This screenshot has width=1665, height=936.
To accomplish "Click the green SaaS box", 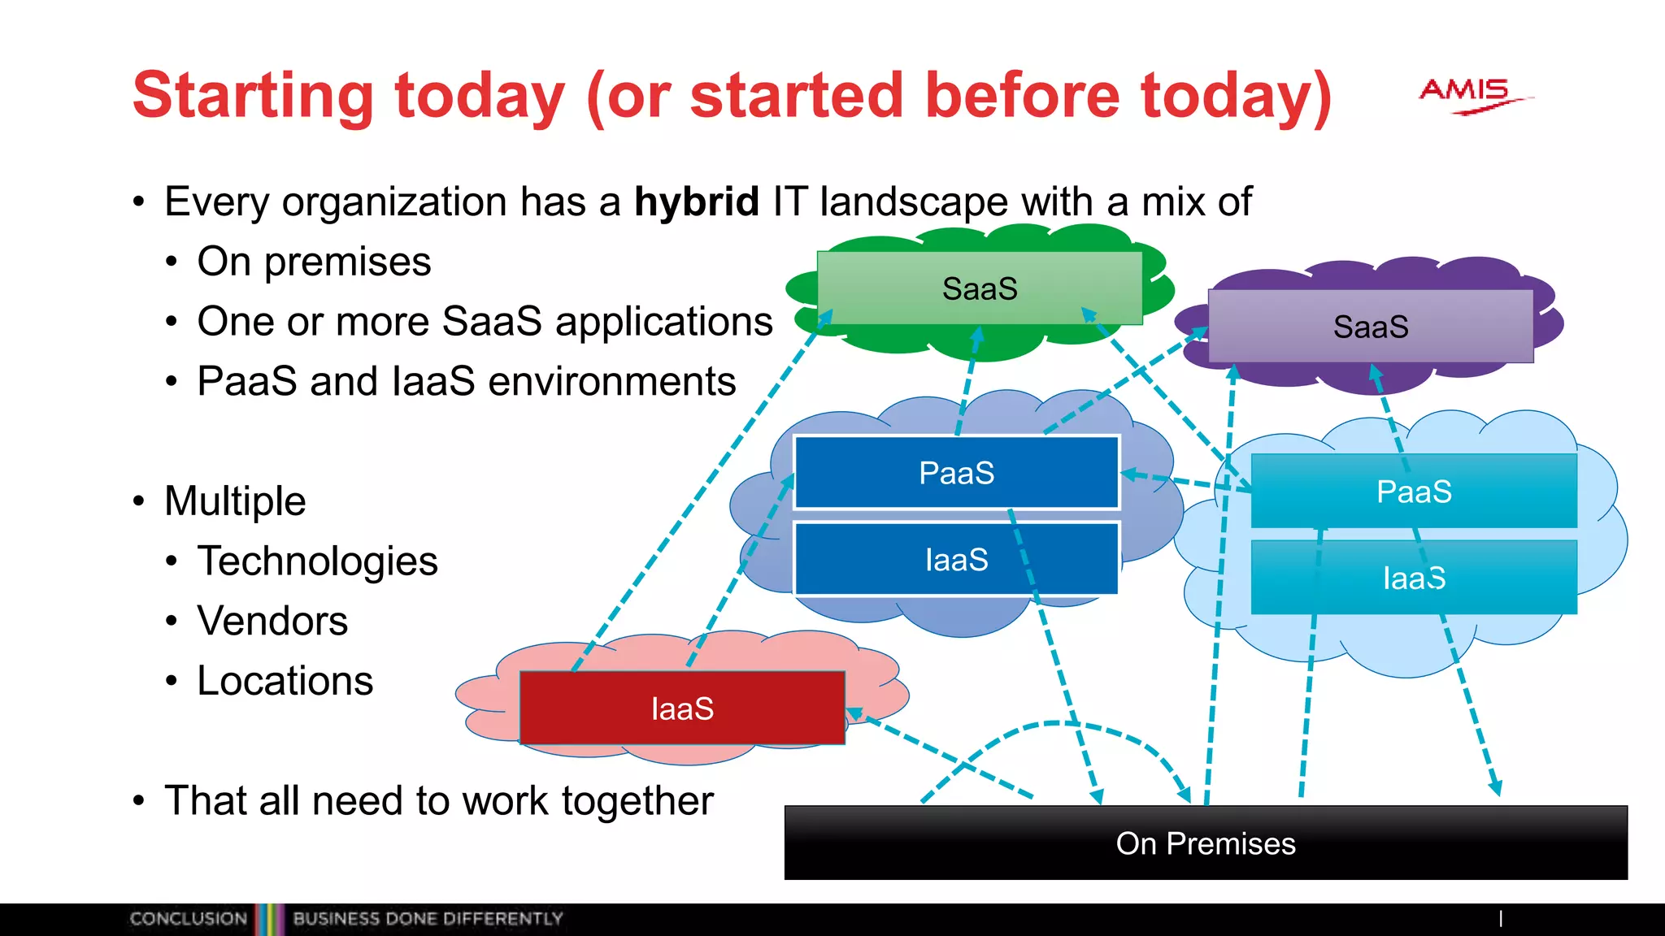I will click(x=979, y=288).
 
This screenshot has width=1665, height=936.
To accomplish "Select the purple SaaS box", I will click(x=1370, y=327).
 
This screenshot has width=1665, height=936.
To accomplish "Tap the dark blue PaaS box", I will click(x=956, y=473).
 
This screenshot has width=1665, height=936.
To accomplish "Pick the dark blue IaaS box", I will click(x=956, y=560).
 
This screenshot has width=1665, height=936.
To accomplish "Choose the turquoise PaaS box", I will click(x=1413, y=492).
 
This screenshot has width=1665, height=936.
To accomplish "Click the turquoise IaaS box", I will click(x=1413, y=578).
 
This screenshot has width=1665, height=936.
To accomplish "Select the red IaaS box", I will click(x=681, y=708).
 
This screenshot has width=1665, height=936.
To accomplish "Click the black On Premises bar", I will click(x=1205, y=843).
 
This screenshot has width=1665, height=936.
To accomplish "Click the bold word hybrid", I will click(x=696, y=201).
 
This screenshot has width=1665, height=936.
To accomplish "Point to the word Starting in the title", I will click(x=253, y=96).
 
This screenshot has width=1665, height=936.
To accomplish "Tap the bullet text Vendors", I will click(x=272, y=621).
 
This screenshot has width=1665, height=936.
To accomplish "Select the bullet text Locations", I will click(x=285, y=681).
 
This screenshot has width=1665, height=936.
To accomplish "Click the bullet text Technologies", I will click(x=317, y=561).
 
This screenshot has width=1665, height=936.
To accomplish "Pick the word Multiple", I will click(x=235, y=500).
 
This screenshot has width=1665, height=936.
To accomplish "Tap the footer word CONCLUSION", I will click(x=188, y=919).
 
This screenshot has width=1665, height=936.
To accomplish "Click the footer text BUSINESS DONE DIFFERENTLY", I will click(x=428, y=919).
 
